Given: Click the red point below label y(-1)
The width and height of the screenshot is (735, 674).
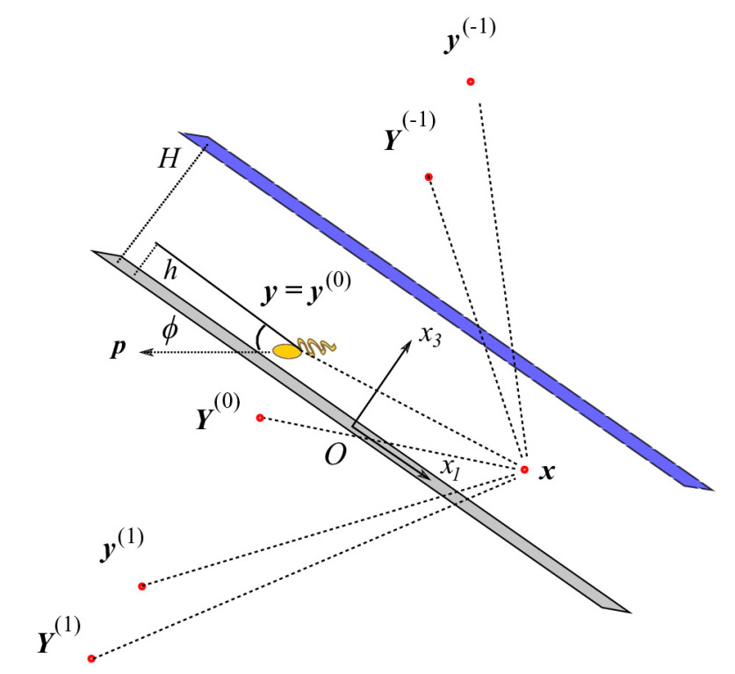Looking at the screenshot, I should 471,82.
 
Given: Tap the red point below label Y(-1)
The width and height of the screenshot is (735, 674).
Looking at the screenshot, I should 429,177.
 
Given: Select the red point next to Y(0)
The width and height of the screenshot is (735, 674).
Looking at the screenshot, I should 260,417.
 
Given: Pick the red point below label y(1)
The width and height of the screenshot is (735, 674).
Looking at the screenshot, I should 141,585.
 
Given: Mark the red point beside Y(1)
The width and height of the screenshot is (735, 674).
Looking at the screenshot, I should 91,657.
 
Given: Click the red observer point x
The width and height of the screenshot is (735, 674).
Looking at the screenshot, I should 523,470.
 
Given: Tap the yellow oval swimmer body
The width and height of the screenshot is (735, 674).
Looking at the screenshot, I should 287,351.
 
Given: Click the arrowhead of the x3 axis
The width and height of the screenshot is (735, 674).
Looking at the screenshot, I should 407,343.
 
